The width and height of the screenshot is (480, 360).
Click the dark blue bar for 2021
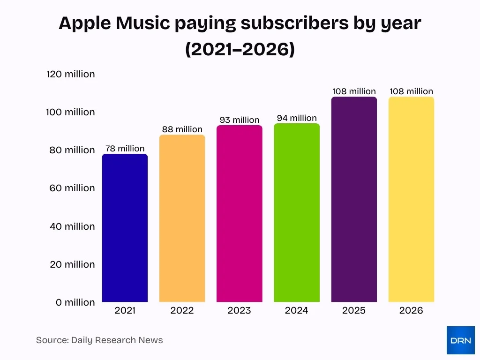click(125, 228)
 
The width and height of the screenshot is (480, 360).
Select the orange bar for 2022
click(182, 218)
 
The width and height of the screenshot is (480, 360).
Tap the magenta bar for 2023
click(239, 214)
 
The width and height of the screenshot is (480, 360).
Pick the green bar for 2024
click(297, 213)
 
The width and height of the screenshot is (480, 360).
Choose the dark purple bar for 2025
click(354, 199)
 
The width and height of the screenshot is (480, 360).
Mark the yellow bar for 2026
click(411, 199)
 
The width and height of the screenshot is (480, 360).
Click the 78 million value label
click(125, 149)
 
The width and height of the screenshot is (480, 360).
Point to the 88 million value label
click(182, 129)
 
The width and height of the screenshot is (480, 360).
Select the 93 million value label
click(239, 120)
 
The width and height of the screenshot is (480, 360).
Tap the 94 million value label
click(297, 118)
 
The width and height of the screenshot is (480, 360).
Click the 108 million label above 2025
click(354, 91)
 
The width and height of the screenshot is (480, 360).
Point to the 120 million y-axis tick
click(71, 74)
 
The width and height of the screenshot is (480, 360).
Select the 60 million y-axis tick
click(72, 188)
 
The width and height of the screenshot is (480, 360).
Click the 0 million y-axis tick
click(75, 302)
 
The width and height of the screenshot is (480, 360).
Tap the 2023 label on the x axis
click(239, 310)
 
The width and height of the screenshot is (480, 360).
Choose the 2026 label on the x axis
click(411, 310)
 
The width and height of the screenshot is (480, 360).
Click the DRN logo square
click(460, 340)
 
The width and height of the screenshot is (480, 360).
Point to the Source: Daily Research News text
click(99, 340)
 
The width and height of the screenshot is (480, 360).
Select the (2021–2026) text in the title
click(240, 49)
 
